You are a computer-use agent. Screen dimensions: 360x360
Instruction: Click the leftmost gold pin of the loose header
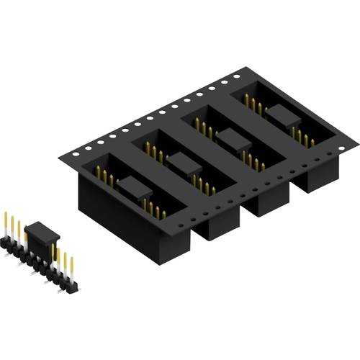(7, 223)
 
